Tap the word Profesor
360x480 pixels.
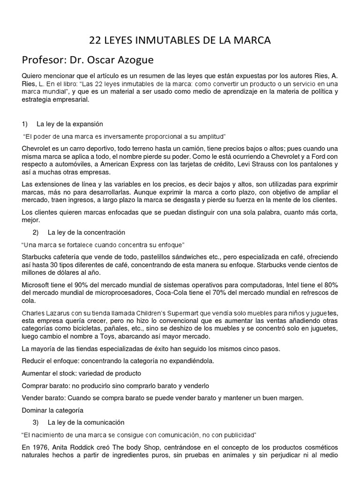(43, 61)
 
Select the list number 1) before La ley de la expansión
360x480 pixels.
(25, 124)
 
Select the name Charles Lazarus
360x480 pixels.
(45, 313)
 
